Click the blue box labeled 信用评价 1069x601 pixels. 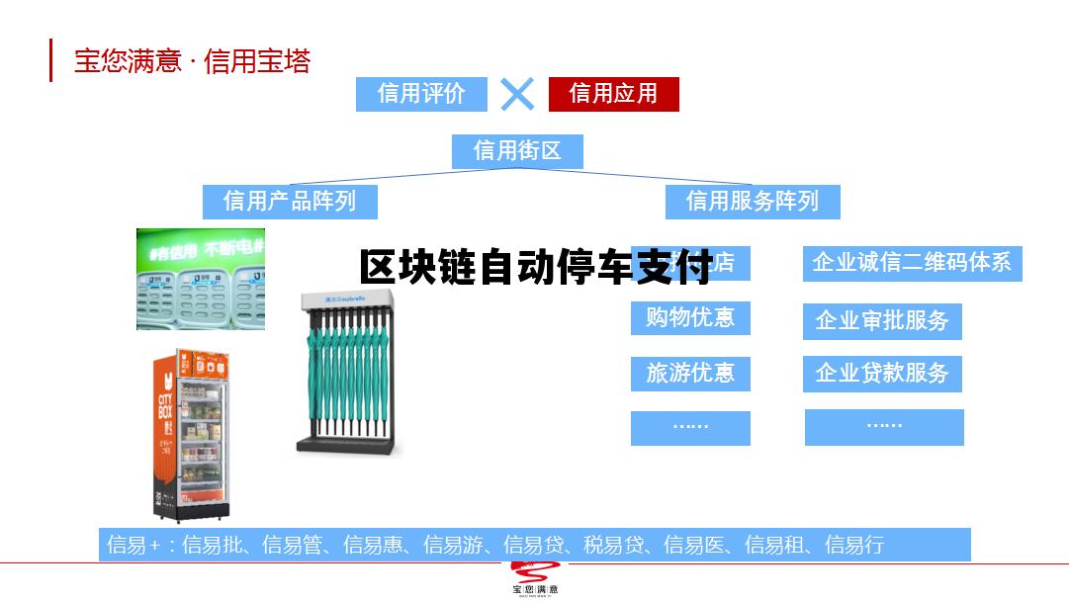pos(422,94)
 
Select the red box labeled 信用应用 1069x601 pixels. pos(613,94)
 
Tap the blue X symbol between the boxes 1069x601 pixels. pos(517,94)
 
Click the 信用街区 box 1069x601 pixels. pos(517,151)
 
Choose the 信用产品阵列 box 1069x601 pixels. pos(290,202)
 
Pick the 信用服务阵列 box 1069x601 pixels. pos(753,202)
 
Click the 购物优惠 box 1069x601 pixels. pos(690,318)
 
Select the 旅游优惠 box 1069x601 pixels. pos(690,374)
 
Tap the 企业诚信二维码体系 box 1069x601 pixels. pos(912,263)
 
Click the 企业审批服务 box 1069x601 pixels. pos(882,321)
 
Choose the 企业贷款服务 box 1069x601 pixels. pos(882,374)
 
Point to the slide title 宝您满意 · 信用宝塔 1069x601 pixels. pos(193,61)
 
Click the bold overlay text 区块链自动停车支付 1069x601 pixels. pos(535,268)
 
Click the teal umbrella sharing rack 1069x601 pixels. pos(349,374)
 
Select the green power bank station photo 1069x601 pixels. pos(200,279)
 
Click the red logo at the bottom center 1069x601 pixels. pos(534,577)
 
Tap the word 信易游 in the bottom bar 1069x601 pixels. pos(455,545)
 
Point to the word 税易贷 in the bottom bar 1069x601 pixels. pos(615,545)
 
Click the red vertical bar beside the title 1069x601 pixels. pos(51,60)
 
